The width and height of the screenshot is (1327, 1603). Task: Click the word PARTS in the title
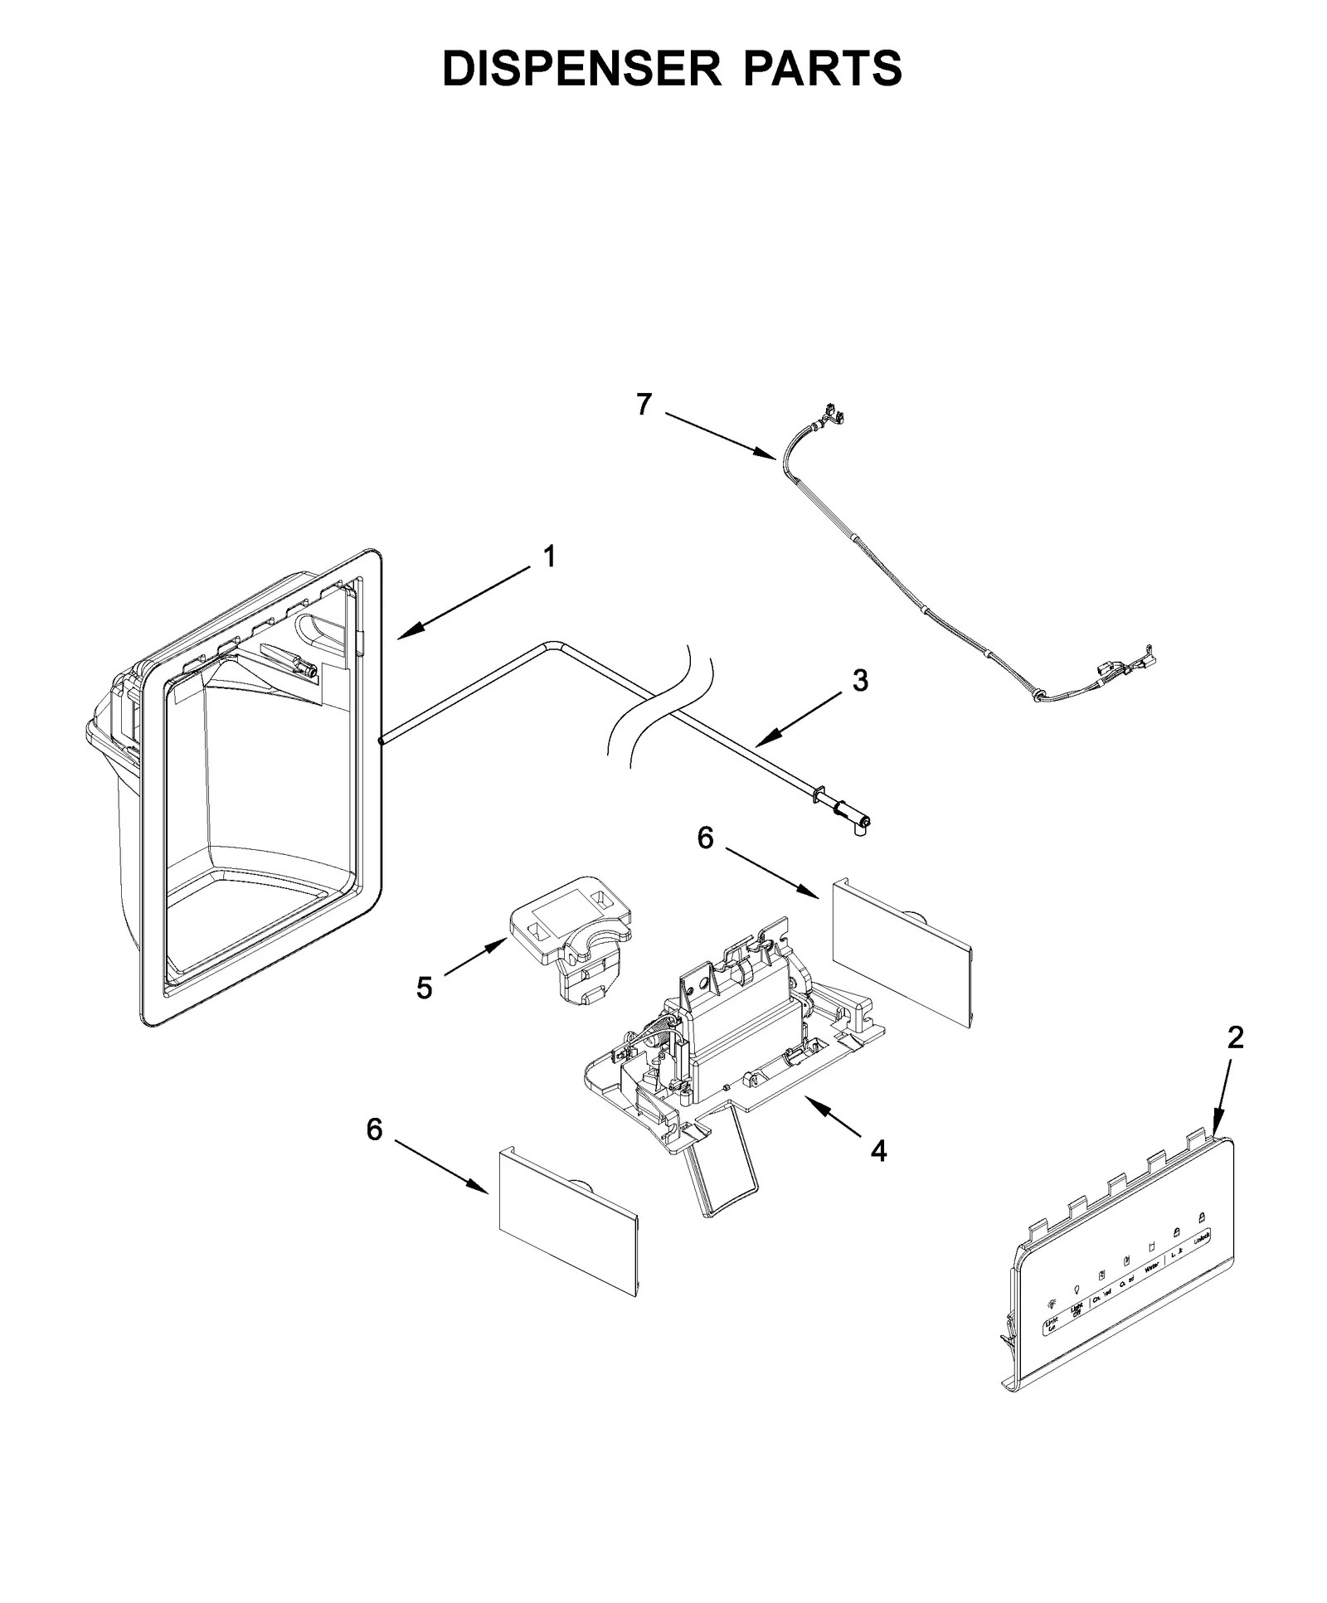822,68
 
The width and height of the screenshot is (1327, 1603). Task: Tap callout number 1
549,557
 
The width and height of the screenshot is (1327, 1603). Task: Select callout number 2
1235,1037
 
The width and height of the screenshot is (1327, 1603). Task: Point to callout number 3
860,681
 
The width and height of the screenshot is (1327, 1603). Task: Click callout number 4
878,1150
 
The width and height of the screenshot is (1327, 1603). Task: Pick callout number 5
424,988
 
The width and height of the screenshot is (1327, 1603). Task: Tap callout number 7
644,404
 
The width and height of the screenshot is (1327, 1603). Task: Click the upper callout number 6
705,838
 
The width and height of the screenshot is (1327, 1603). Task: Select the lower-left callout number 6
375,1129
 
